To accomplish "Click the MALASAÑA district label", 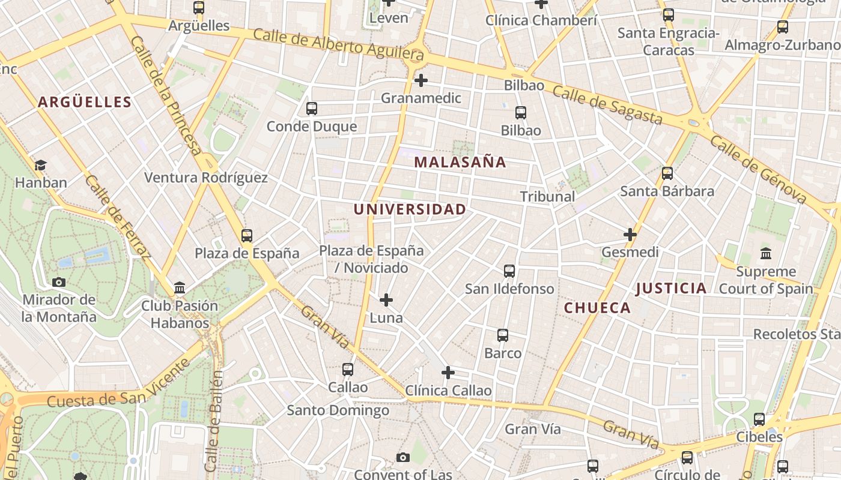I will click(460, 162).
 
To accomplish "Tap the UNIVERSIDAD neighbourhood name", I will click(410, 209).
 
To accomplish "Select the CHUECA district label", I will click(597, 308).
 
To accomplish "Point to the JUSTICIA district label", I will click(671, 289).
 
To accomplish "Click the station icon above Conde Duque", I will click(311, 109).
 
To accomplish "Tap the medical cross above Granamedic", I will click(421, 80).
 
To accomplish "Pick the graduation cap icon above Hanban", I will click(40, 165).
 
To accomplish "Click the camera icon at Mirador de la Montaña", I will click(59, 282).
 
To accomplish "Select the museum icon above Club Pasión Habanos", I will click(179, 288).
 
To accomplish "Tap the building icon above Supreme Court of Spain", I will click(766, 254).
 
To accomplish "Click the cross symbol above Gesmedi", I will click(630, 235).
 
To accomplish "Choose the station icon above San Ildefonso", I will click(509, 271).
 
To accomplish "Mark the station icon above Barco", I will click(503, 335).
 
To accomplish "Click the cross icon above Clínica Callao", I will click(448, 373).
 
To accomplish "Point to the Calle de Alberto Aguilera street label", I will click(338, 44).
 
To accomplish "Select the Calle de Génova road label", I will click(758, 170).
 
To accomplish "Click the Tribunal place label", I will click(547, 197).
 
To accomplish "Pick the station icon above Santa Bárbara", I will click(667, 173).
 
